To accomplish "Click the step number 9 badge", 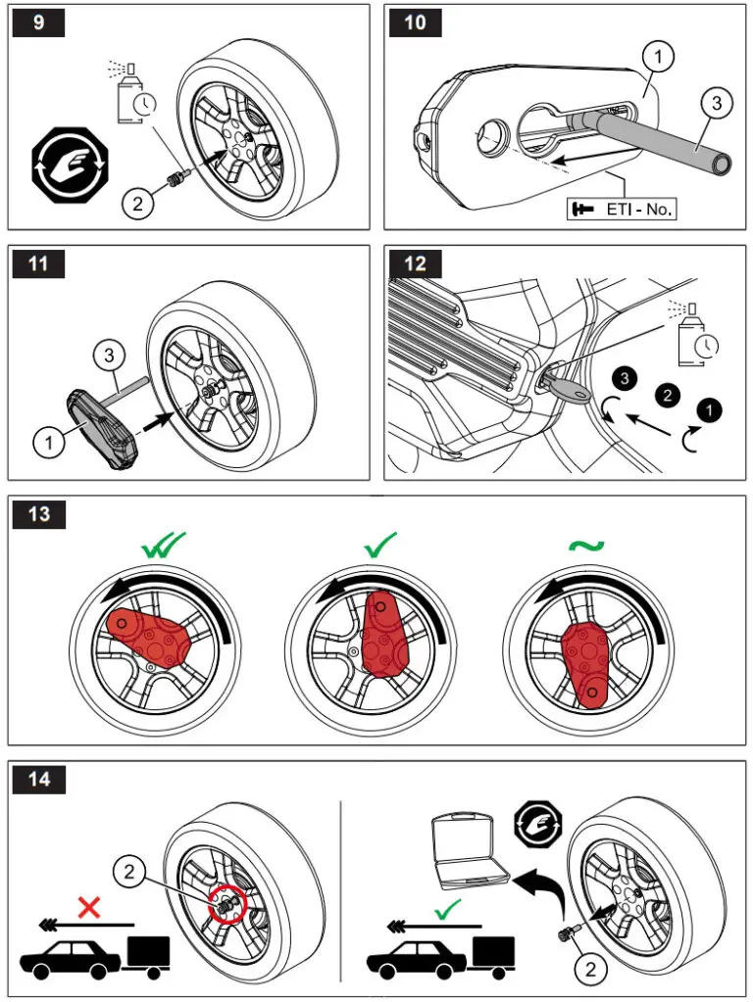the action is coord(38,23).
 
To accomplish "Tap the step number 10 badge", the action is coord(415,23).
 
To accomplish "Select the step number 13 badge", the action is coord(39,514).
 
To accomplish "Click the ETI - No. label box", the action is coord(622,209).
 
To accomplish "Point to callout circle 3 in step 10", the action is coord(717,103).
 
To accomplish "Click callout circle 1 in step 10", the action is coord(659,57).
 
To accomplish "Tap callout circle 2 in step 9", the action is coord(137,204).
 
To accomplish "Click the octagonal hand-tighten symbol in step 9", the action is coord(71,165).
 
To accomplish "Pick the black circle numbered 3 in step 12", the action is coord(624,378).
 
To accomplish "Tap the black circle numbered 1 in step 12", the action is coord(709,409).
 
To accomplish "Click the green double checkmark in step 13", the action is coord(163,546).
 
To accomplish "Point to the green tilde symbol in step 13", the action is coord(586,546).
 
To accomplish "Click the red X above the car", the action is coord(89,907).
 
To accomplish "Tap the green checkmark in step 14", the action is coord(447,909).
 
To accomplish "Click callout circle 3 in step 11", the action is coord(110,355).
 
